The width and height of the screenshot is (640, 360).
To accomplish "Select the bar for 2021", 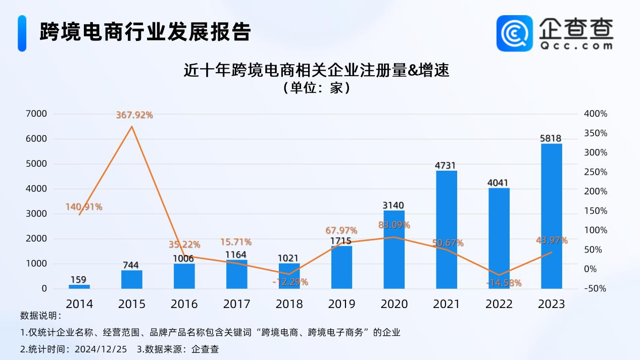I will click(x=447, y=230).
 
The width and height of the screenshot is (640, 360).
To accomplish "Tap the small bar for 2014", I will click(x=79, y=286).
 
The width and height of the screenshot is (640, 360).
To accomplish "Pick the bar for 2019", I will click(x=341, y=267).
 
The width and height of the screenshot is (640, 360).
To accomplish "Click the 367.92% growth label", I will click(x=134, y=115).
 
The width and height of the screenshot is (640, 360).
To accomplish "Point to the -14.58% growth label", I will click(x=504, y=283).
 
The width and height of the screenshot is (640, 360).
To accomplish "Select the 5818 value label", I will click(x=551, y=138).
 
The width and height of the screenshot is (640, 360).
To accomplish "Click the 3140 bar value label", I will click(x=394, y=205).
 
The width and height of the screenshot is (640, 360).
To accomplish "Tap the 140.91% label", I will click(x=84, y=207).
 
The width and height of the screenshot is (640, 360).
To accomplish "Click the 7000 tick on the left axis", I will click(x=36, y=114).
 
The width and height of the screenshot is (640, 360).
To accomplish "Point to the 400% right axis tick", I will click(x=596, y=114).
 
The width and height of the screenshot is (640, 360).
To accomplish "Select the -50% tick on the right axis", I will click(x=596, y=289).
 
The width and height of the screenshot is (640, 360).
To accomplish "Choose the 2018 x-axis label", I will click(x=289, y=304).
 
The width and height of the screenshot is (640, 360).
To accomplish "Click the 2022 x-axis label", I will click(x=499, y=304).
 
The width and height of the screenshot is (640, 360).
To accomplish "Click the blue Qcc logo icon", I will click(x=514, y=33).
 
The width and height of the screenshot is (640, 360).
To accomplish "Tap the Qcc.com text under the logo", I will click(x=575, y=45).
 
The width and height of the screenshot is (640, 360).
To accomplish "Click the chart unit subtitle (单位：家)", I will click(x=316, y=88).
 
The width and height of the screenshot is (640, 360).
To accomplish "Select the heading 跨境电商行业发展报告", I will click(x=145, y=31).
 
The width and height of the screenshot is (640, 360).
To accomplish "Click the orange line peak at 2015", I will click(x=132, y=126).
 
